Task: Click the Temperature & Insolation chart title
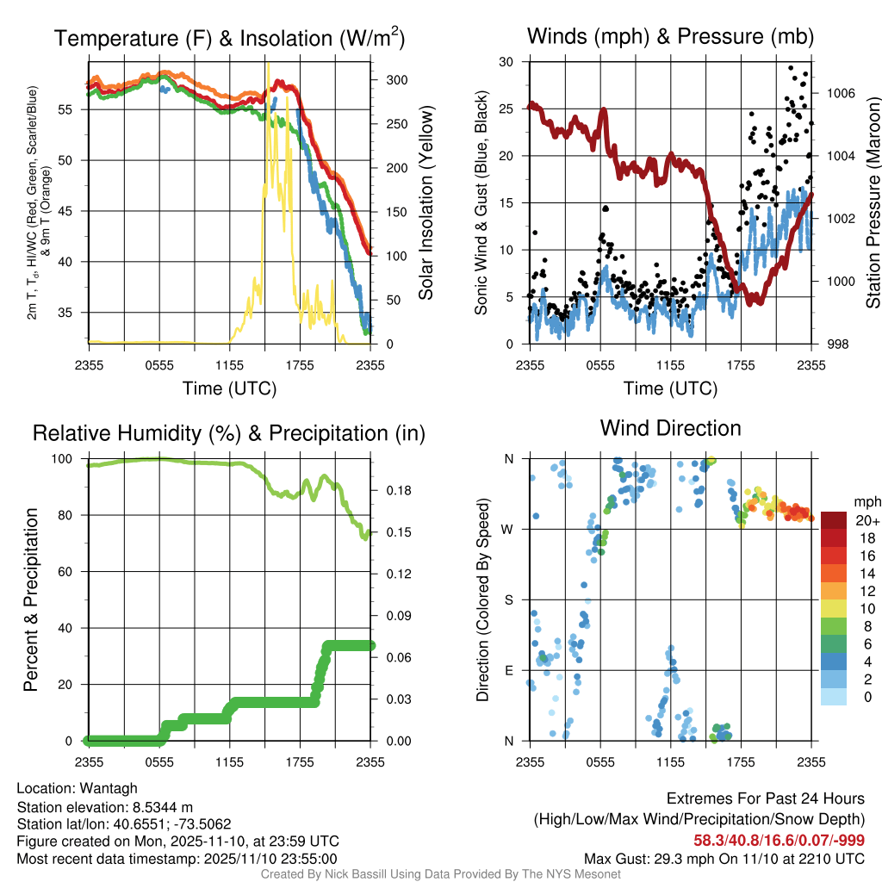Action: click(229, 38)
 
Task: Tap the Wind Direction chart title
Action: click(670, 428)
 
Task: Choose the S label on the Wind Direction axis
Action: click(508, 599)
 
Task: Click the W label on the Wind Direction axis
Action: click(508, 529)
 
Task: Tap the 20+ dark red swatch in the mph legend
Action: click(834, 520)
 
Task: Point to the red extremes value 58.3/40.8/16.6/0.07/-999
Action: click(780, 840)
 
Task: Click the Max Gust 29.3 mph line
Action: click(724, 858)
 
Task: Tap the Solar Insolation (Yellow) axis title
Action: click(426, 203)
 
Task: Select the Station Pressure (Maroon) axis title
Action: click(872, 203)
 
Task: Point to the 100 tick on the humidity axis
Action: click(68, 459)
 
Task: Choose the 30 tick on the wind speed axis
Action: click(506, 62)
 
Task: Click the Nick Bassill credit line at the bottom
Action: click(440, 874)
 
